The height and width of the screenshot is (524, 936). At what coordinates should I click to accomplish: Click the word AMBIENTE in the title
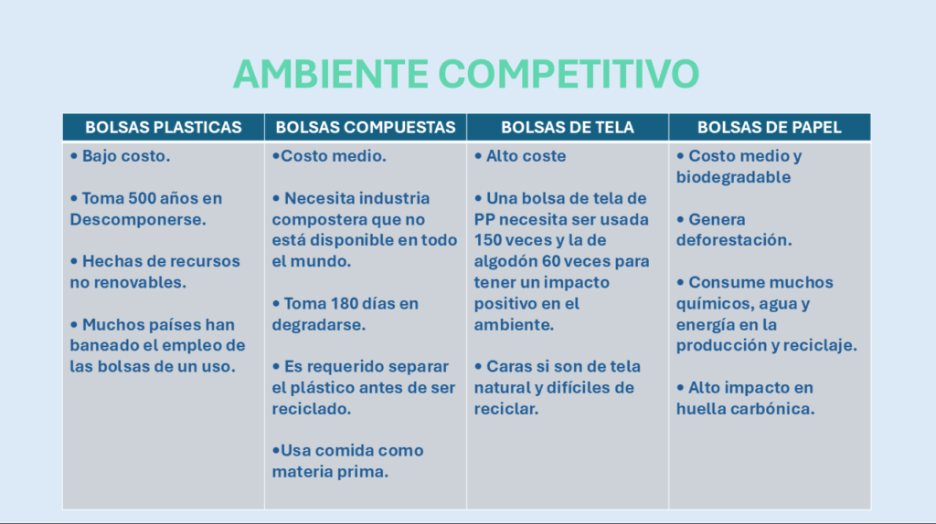click(331, 74)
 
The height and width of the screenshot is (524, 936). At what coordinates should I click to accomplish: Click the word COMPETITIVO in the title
click(569, 74)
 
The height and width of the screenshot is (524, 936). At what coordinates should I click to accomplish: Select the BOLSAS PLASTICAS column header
click(164, 127)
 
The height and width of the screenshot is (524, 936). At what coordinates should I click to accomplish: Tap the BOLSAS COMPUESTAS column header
click(366, 127)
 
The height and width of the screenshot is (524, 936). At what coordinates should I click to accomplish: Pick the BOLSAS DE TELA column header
click(567, 127)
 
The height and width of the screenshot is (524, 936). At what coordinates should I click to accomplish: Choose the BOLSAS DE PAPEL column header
click(770, 127)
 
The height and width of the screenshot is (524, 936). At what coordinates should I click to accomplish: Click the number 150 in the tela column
click(489, 240)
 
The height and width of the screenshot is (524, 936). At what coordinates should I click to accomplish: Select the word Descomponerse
click(138, 219)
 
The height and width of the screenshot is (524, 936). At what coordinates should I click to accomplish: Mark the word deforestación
click(734, 240)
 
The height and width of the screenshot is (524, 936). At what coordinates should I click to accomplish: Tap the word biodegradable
click(734, 177)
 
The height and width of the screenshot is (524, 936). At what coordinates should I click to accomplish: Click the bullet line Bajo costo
click(120, 155)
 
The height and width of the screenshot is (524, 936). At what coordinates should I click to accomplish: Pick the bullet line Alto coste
click(520, 155)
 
